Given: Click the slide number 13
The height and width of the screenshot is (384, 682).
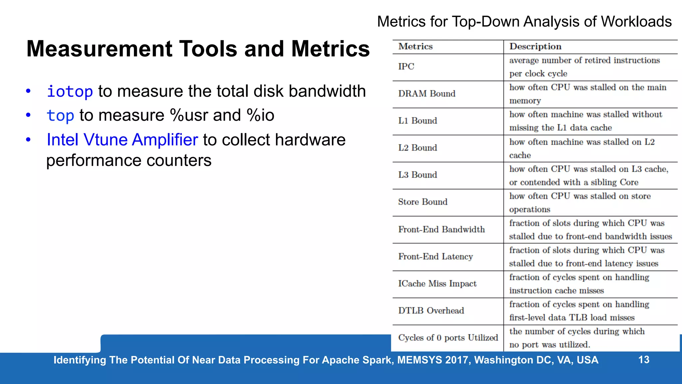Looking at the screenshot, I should click(644, 360).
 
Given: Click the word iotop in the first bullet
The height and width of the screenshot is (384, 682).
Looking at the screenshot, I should click(70, 91).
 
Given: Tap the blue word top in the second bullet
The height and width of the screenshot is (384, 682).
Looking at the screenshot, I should click(60, 116).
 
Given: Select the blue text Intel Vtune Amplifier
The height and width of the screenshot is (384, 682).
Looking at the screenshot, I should click(122, 140).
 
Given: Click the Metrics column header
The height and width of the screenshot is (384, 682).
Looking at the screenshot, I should click(415, 47).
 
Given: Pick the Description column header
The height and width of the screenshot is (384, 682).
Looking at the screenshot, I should click(535, 47).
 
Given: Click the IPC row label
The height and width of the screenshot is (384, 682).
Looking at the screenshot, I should click(406, 67).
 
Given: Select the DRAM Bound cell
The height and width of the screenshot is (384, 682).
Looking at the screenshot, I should click(427, 94).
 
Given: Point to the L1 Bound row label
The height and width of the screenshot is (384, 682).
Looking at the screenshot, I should click(418, 121).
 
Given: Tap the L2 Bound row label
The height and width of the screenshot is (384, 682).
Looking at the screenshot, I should click(418, 148).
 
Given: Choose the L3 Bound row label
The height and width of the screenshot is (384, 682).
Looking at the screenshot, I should click(418, 175).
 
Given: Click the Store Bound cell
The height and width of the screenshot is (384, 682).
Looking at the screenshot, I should click(423, 202).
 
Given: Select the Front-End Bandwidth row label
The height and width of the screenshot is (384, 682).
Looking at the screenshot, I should click(441, 229).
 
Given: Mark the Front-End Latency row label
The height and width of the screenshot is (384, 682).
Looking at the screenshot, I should click(435, 256).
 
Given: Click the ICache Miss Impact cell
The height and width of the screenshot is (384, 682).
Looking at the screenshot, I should click(437, 284).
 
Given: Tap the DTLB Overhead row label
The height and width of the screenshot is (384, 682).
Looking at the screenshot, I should click(431, 311).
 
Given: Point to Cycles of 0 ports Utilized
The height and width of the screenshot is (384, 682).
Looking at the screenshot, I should click(448, 338).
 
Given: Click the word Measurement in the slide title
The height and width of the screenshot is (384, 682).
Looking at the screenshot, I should click(99, 49).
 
